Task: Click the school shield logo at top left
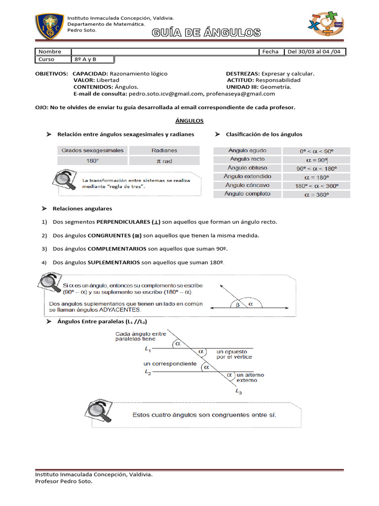pyautogui.click(x=49, y=28)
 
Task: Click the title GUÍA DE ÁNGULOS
pyautogui.click(x=206, y=33)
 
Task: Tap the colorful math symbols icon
pyautogui.click(x=326, y=24)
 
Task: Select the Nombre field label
pyautogui.click(x=50, y=51)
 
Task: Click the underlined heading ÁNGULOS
pyautogui.click(x=189, y=121)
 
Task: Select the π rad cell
pyautogui.click(x=164, y=161)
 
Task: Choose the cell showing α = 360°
pyautogui.click(x=315, y=194)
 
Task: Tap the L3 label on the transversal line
pyautogui.click(x=239, y=392)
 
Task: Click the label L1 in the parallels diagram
pyautogui.click(x=148, y=348)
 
